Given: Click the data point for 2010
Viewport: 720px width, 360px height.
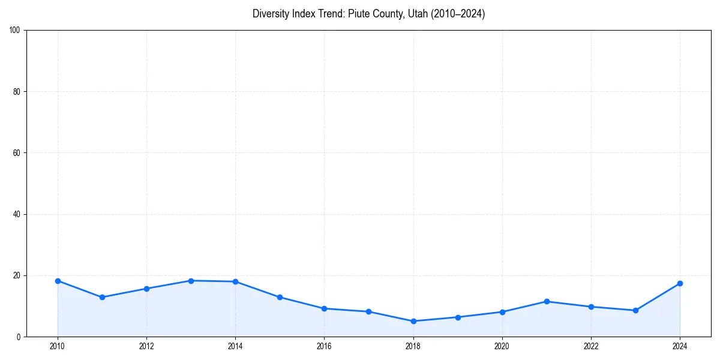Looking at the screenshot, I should (58, 281).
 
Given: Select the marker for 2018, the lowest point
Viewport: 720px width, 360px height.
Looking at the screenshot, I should (413, 321).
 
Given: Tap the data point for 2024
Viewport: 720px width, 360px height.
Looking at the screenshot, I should (680, 283).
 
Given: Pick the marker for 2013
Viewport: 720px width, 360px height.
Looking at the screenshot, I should (191, 281).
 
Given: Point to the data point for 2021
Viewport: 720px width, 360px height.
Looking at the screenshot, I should (547, 301).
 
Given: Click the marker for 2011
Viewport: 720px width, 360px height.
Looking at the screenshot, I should (102, 297).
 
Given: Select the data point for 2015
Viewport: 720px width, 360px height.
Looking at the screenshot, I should (280, 297).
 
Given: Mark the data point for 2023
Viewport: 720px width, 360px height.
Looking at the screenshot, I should (635, 310).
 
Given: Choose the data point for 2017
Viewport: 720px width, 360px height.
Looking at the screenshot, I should (368, 311).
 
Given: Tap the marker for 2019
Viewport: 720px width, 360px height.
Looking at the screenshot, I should (458, 317).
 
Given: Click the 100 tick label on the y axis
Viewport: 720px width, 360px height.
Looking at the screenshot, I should (15, 31).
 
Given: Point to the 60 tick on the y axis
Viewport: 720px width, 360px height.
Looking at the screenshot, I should (17, 153).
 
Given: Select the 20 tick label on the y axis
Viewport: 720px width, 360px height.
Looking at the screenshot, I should (17, 275).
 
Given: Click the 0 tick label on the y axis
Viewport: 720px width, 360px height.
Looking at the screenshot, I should (19, 337).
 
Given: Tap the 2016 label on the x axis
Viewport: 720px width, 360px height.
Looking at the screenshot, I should (324, 346).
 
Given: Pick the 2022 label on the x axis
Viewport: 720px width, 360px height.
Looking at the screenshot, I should (591, 346).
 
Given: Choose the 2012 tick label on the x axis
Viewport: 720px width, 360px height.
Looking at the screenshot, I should (146, 346).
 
